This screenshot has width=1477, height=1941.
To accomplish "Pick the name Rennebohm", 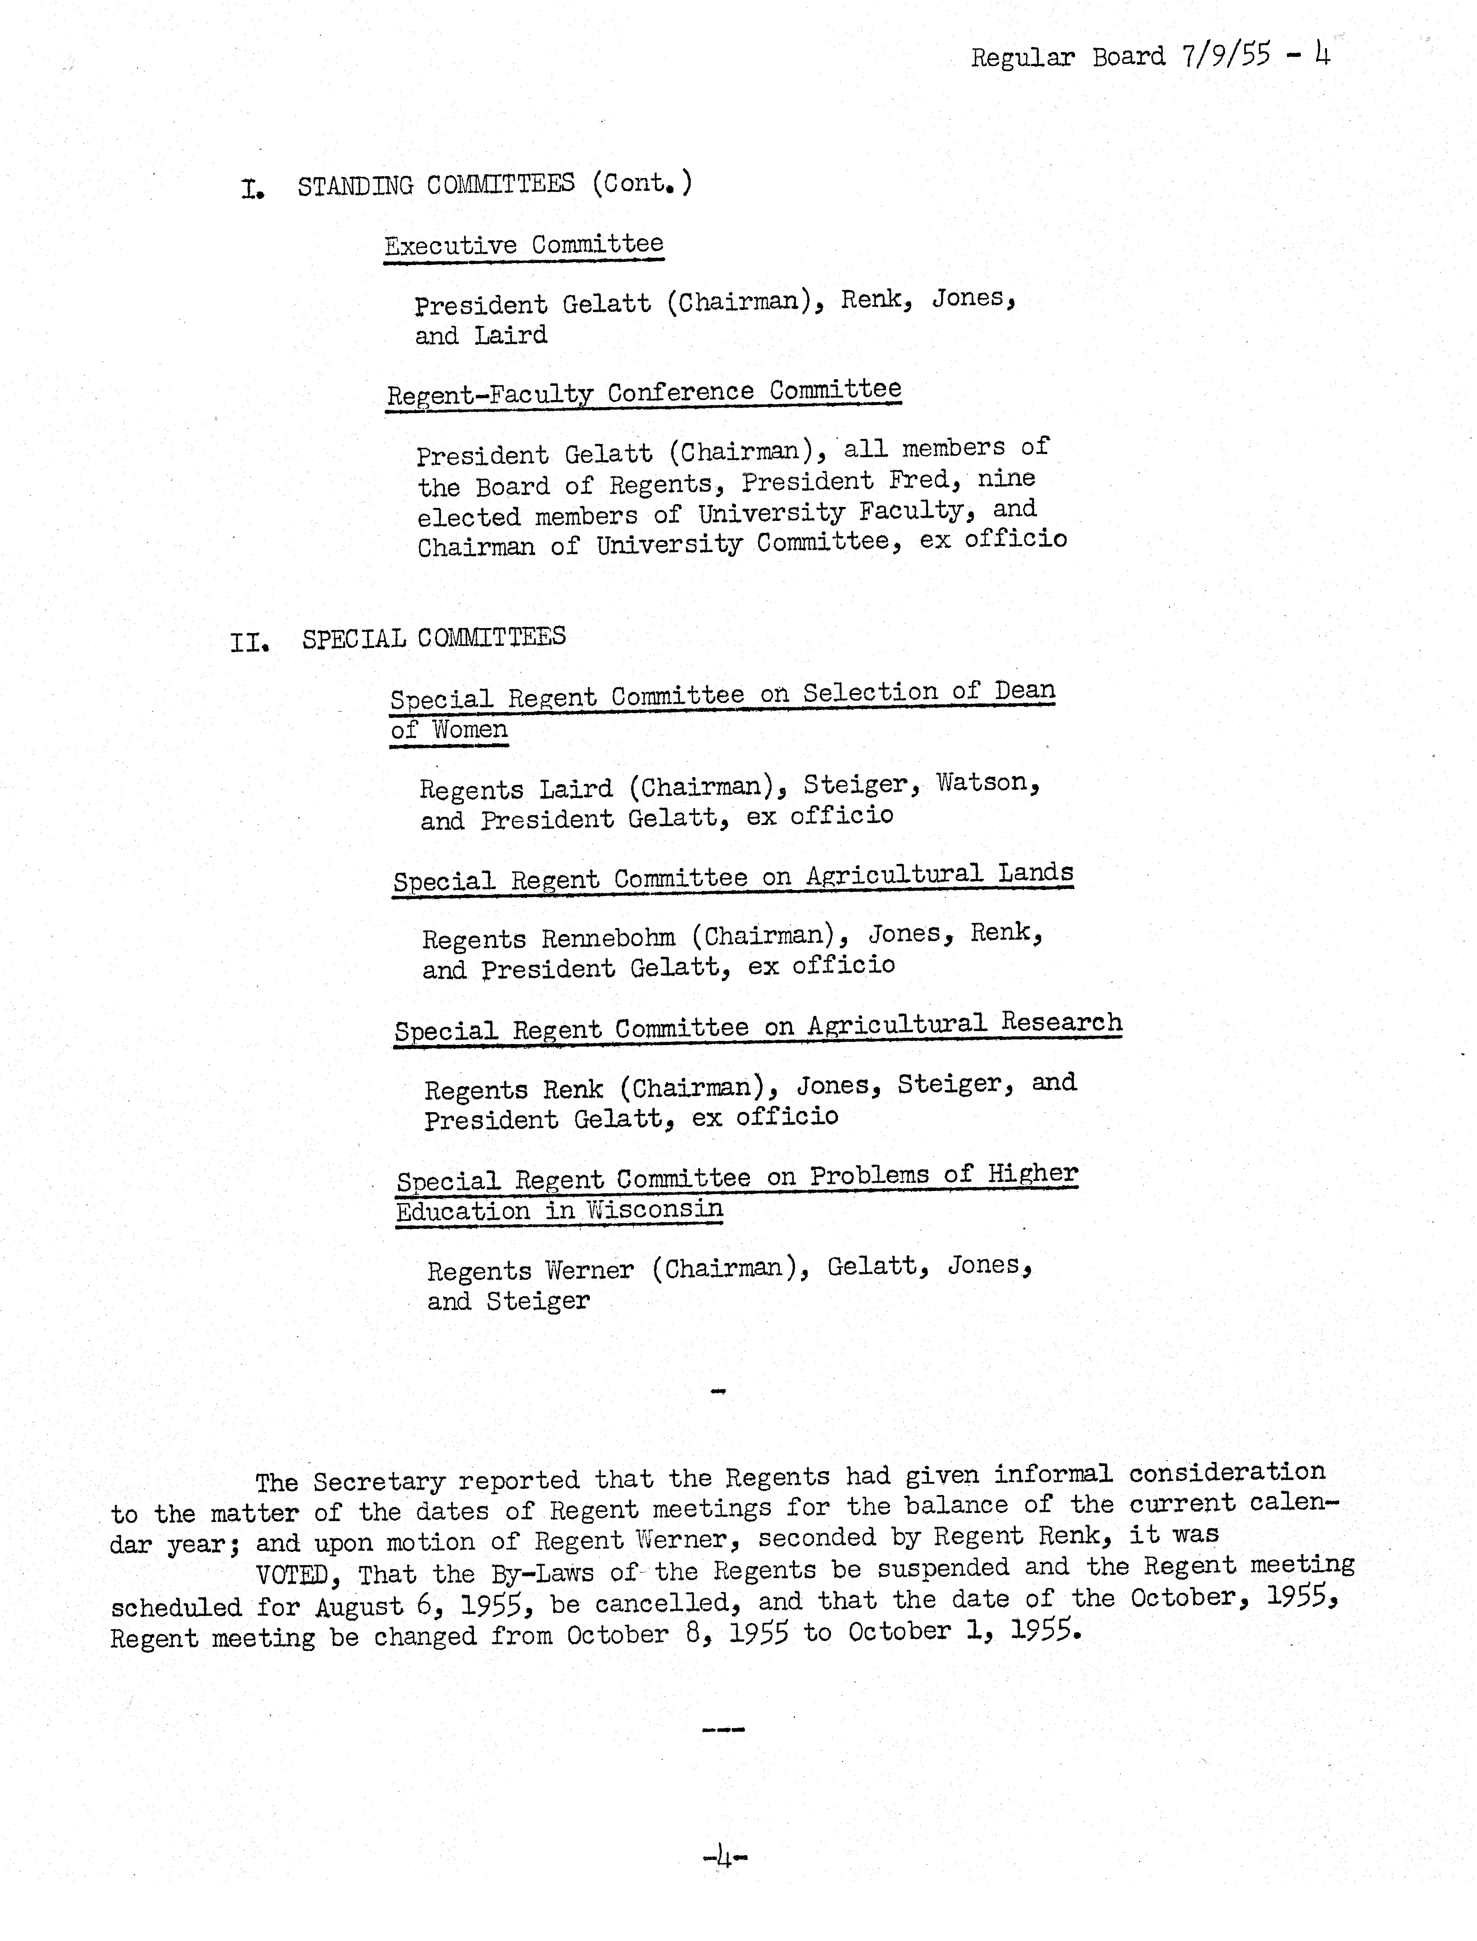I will click(x=608, y=938).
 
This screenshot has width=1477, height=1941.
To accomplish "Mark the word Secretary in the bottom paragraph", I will click(x=378, y=1481).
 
